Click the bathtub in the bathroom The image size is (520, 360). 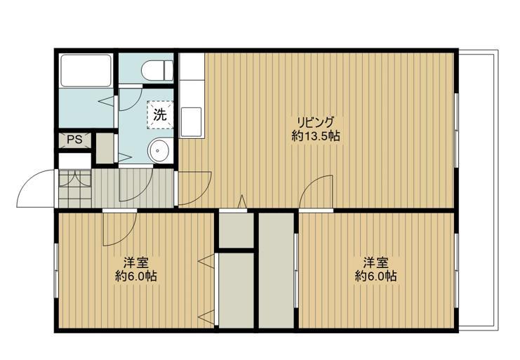[86, 70]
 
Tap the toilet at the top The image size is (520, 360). [156, 69]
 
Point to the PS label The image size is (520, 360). [74, 140]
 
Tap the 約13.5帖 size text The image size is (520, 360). [316, 136]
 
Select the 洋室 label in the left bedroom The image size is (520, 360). [135, 262]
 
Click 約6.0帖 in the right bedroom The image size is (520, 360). [375, 276]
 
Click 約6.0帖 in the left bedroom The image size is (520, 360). [135, 276]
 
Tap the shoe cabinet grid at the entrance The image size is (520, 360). [74, 187]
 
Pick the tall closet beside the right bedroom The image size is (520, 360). [276, 270]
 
